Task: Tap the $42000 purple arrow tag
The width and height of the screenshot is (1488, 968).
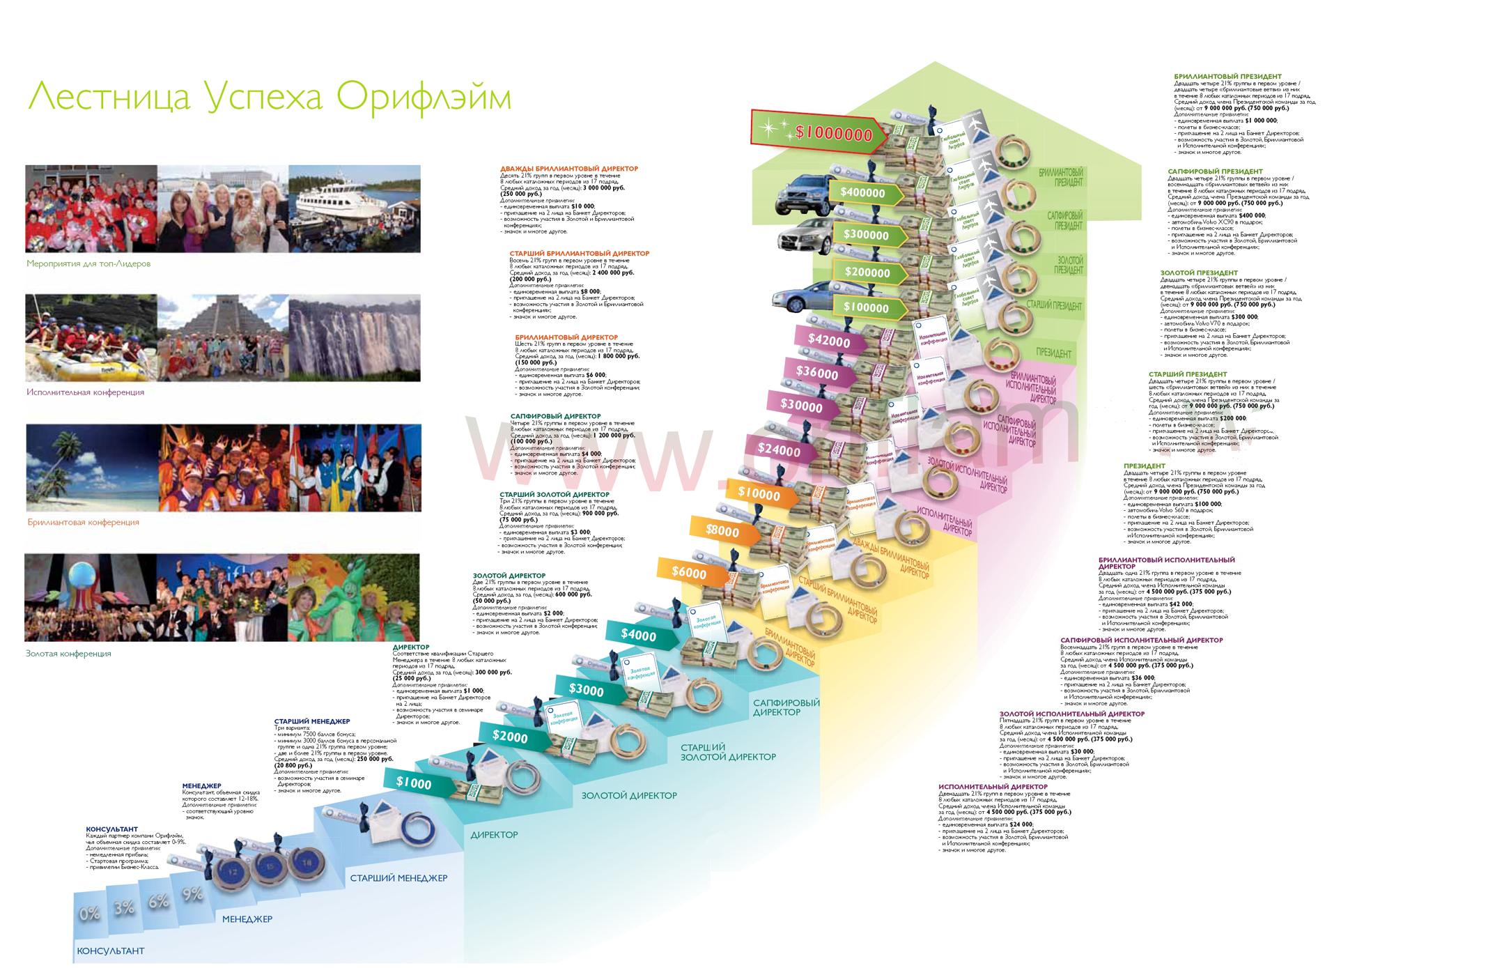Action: (830, 341)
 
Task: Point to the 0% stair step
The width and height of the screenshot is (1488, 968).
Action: (89, 913)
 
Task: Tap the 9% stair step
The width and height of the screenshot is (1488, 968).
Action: (193, 893)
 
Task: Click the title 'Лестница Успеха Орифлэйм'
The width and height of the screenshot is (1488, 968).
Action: (269, 97)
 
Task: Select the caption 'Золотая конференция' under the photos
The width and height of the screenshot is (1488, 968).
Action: (69, 654)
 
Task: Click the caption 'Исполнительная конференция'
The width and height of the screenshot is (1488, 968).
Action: (86, 392)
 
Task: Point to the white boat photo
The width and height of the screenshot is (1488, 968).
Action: (354, 208)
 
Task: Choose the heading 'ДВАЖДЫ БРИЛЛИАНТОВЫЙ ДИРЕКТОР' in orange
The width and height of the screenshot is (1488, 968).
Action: (568, 169)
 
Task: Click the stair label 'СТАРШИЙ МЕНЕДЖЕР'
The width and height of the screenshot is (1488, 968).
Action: (398, 878)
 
